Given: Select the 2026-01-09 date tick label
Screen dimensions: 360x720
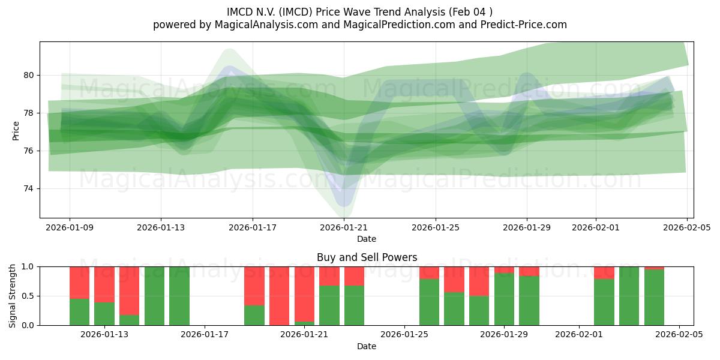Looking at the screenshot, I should click(70, 227).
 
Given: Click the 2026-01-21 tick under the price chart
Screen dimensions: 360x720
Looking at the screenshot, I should click(344, 227).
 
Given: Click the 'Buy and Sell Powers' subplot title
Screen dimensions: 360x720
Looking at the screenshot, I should click(367, 257).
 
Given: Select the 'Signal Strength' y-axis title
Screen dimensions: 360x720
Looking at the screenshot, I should click(13, 296).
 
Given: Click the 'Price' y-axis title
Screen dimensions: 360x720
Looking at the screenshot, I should click(16, 130).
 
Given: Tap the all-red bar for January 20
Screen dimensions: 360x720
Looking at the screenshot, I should click(279, 296).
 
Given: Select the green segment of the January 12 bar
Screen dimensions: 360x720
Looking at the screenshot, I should click(79, 312).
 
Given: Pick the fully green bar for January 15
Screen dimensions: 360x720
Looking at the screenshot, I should click(154, 296).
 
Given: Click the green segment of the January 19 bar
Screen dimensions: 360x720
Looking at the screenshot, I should click(254, 316).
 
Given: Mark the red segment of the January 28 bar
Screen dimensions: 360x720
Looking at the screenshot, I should click(479, 281).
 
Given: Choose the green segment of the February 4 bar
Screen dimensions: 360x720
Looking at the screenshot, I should click(654, 298).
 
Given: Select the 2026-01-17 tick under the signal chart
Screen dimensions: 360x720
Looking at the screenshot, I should click(205, 334).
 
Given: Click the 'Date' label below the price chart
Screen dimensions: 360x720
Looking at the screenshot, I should click(367, 239).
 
